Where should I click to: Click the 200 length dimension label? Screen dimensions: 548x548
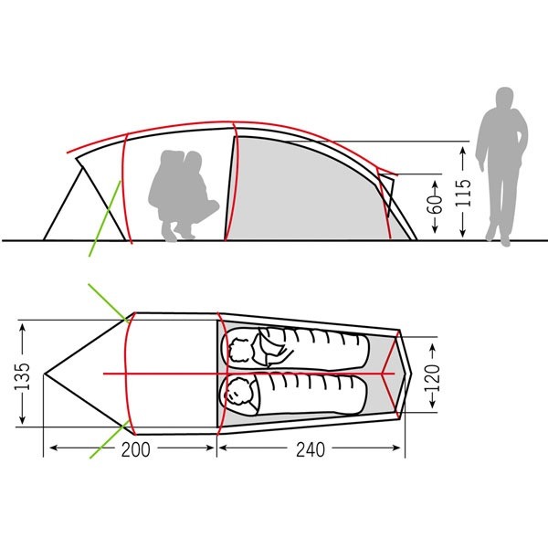click(x=135, y=449)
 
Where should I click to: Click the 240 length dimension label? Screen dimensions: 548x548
click(x=311, y=449)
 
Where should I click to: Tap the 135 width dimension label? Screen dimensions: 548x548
click(x=22, y=376)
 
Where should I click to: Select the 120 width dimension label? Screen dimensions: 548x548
click(x=433, y=378)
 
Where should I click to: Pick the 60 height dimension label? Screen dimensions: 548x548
click(x=436, y=204)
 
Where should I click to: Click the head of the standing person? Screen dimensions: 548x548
click(x=505, y=98)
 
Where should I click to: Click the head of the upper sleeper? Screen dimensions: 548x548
click(x=240, y=350)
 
